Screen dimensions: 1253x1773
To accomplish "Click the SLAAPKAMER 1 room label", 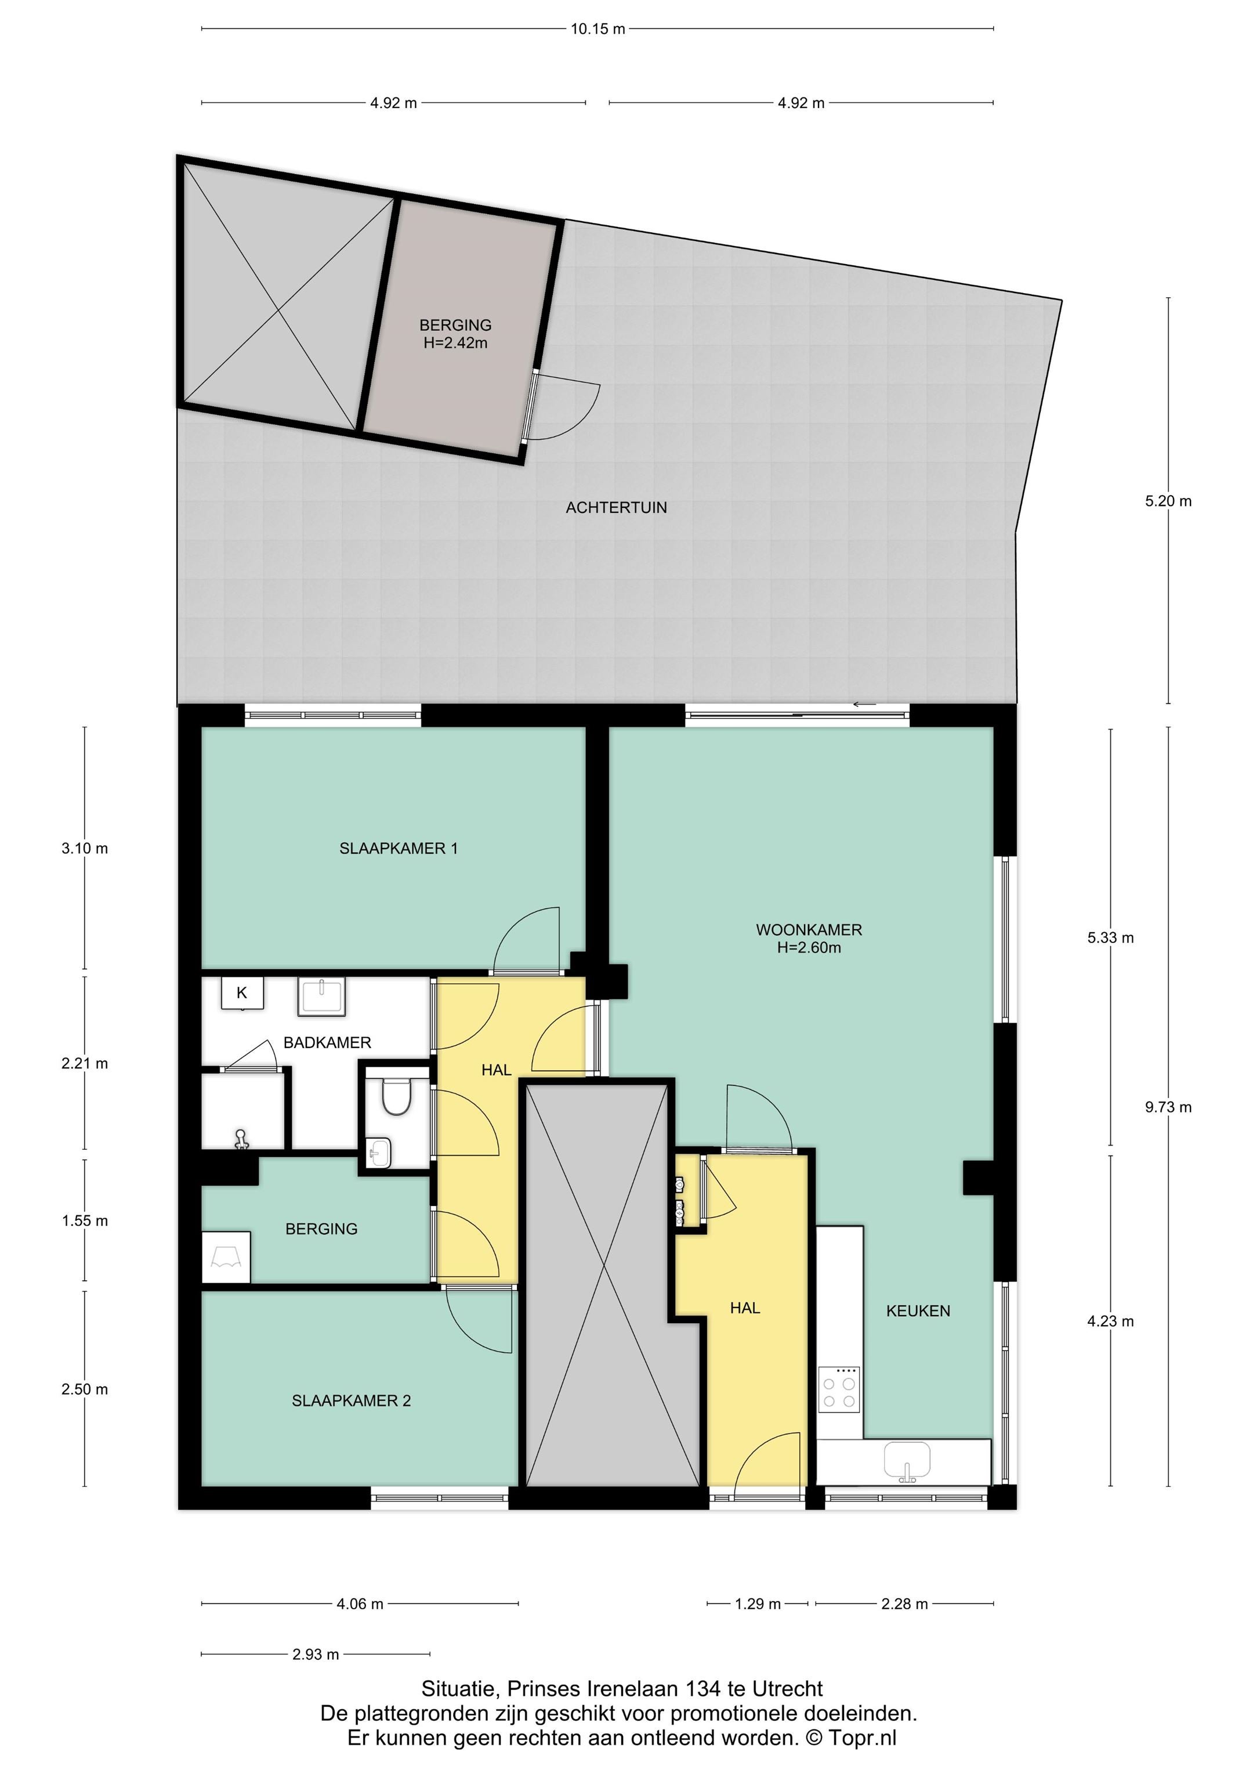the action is pyautogui.click(x=399, y=848).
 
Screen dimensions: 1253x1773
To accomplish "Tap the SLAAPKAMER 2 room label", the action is pyautogui.click(x=352, y=1401).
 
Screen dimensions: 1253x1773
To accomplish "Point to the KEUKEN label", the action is pyautogui.click(x=918, y=1310).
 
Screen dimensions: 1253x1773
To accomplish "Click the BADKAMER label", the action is pyautogui.click(x=327, y=1042).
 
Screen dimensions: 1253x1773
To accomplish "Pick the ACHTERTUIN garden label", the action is pyautogui.click(x=616, y=507).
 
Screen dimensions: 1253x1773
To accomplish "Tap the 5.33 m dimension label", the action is pyautogui.click(x=1110, y=938).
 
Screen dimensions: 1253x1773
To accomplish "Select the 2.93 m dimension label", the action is pyautogui.click(x=316, y=1654).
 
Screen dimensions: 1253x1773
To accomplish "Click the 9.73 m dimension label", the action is pyautogui.click(x=1168, y=1107).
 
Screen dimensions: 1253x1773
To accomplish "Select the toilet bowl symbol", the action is pyautogui.click(x=397, y=1096).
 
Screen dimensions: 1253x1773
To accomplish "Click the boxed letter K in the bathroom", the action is pyautogui.click(x=242, y=993).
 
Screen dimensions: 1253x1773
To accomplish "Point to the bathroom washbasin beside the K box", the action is pyautogui.click(x=322, y=998).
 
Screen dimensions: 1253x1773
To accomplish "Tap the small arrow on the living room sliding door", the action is pyautogui.click(x=865, y=703).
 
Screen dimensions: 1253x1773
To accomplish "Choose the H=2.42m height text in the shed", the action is pyautogui.click(x=455, y=344).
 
